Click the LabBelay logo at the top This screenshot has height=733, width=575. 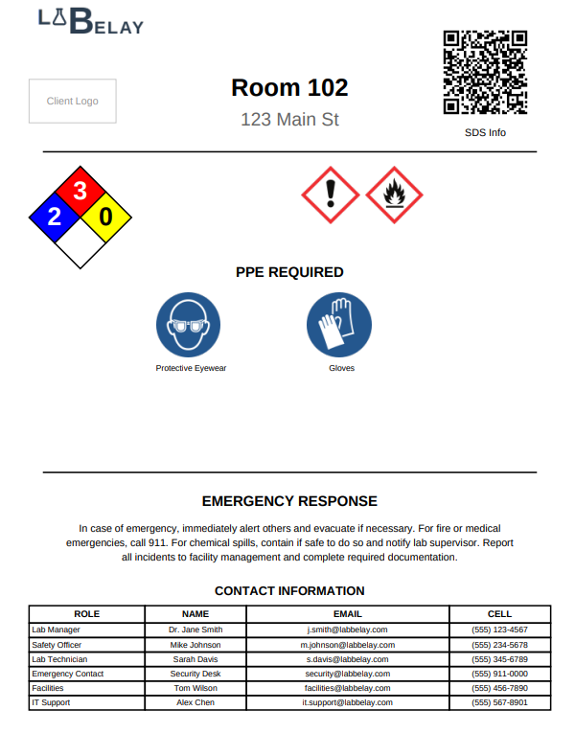[90, 20]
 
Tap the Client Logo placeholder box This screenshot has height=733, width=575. [73, 101]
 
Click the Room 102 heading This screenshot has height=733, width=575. [289, 87]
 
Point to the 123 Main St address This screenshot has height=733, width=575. [289, 120]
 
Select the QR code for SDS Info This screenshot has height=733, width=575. [485, 73]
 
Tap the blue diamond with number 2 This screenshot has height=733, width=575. [55, 217]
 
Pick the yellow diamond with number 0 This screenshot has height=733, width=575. [105, 217]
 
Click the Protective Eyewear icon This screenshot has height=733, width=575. [188, 326]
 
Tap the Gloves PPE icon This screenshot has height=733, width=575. [339, 326]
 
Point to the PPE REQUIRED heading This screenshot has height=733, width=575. [289, 272]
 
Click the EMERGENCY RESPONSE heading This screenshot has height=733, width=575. [289, 501]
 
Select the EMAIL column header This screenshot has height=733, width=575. [347, 614]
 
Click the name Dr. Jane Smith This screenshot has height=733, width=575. [195, 630]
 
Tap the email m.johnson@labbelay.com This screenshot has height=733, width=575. [347, 645]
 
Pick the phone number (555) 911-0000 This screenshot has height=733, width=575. [499, 674]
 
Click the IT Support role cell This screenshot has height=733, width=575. [51, 702]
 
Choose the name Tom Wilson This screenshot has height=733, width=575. [195, 688]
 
